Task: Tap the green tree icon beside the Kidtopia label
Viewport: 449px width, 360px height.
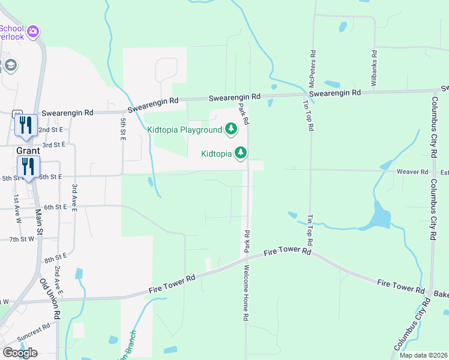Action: [241, 153]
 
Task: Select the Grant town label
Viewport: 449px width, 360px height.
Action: [28, 151]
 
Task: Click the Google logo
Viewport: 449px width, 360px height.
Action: [20, 352]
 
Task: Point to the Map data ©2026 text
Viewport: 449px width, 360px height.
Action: [424, 355]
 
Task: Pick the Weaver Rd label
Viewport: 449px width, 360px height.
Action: [412, 172]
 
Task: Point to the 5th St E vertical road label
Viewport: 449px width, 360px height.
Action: [122, 130]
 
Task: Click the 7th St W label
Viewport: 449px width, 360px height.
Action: [22, 239]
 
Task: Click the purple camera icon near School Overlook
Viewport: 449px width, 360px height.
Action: [33, 31]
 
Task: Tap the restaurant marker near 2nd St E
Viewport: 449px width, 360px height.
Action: [26, 124]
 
